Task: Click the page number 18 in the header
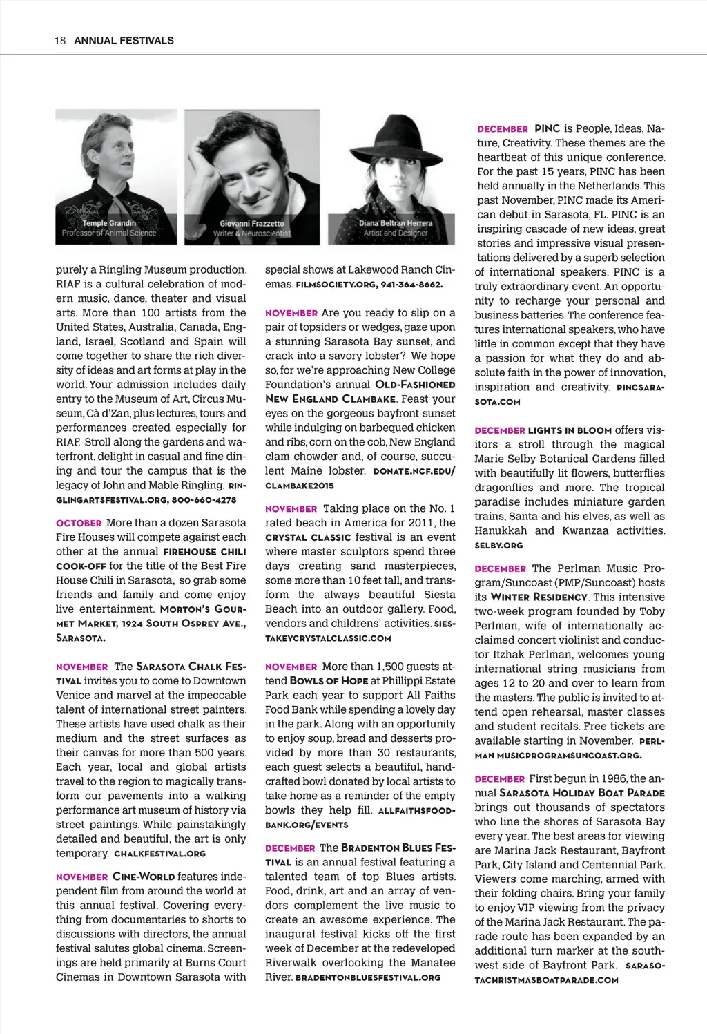pyautogui.click(x=59, y=40)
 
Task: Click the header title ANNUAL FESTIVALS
pyautogui.click(x=124, y=40)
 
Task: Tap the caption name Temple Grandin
pyautogui.click(x=109, y=223)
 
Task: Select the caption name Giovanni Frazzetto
pyautogui.click(x=251, y=224)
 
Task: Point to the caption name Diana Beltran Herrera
pyautogui.click(x=396, y=223)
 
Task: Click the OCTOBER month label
pyautogui.click(x=79, y=523)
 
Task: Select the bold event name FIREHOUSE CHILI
pyautogui.click(x=204, y=552)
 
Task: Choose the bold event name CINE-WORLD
pyautogui.click(x=144, y=877)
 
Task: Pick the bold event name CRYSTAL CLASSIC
pyautogui.click(x=308, y=537)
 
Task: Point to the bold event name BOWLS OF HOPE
pyautogui.click(x=329, y=681)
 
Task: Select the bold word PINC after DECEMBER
pyautogui.click(x=547, y=128)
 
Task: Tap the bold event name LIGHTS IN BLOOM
pyautogui.click(x=570, y=430)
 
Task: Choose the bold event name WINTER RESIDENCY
pyautogui.click(x=539, y=597)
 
